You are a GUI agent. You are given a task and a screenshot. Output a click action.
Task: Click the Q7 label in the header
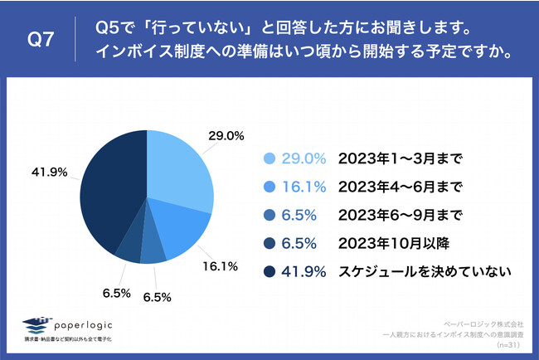[x=41, y=39]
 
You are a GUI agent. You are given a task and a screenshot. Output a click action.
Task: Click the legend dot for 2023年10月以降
[x=268, y=242]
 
